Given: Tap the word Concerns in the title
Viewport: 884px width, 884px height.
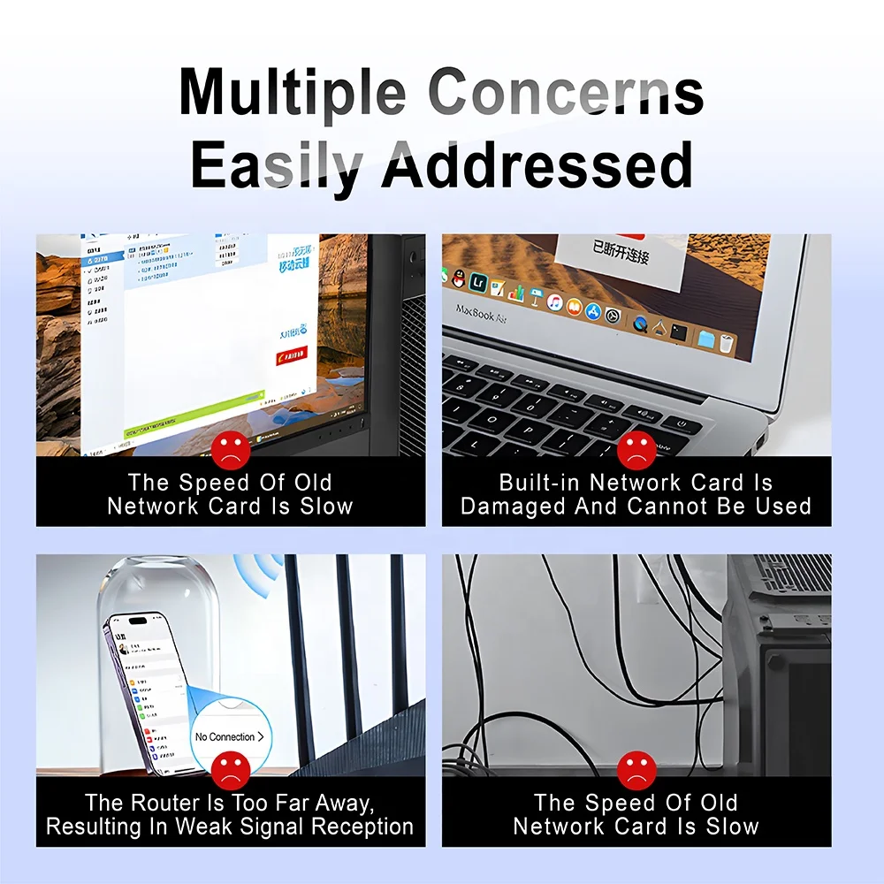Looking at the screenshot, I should tap(566, 92).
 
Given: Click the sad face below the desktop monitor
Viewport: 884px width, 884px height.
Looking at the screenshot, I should tap(231, 450).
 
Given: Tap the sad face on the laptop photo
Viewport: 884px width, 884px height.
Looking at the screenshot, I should tap(636, 450).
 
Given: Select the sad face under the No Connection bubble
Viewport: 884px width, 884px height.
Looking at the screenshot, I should tap(231, 769).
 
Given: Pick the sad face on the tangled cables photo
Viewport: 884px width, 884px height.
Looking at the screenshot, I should tap(636, 769).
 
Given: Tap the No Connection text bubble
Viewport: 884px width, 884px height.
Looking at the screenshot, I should tap(228, 736).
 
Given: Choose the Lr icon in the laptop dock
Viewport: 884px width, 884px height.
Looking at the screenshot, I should tap(478, 281).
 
